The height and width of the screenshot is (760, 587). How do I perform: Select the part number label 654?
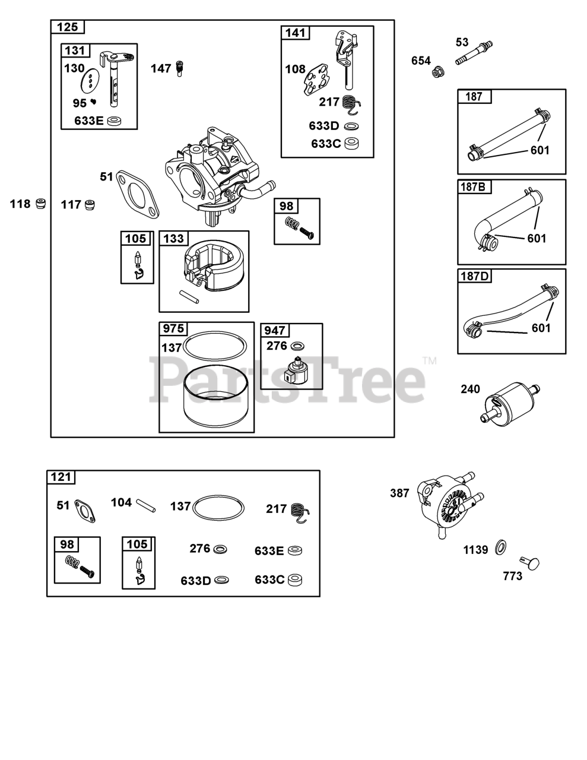point(421,61)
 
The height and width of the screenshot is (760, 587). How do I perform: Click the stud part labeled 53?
point(474,53)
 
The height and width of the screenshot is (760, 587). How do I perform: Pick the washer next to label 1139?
point(501,547)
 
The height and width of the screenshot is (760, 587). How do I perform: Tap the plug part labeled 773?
point(529,563)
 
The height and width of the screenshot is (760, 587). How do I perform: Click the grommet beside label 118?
point(42,203)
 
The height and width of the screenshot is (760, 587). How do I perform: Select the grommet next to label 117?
point(90,205)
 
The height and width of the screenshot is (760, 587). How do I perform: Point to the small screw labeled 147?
point(180,68)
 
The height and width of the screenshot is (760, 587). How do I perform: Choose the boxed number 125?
point(68,27)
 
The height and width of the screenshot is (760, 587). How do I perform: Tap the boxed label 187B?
point(474,186)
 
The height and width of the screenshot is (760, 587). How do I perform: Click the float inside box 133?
point(213,266)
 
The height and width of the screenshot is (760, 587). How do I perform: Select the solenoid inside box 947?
point(296,370)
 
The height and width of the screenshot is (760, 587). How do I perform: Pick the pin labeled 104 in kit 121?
point(146,505)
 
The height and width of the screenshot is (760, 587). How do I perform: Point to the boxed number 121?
point(61,477)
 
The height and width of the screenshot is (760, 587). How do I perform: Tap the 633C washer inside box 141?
point(353,144)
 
